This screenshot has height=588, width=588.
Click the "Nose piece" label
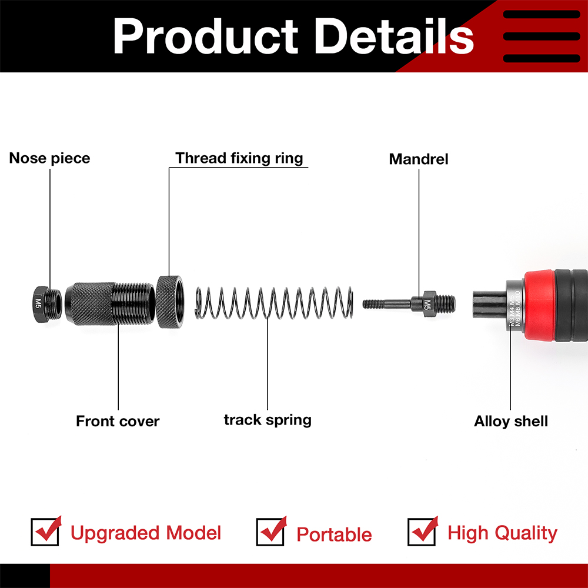[49, 158]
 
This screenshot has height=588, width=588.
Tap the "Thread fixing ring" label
[239, 158]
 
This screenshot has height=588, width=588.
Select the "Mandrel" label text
[419, 159]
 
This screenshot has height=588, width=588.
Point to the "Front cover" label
[118, 421]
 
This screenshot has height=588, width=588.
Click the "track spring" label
[268, 420]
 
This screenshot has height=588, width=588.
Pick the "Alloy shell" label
[511, 421]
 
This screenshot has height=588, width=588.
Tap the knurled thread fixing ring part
[170, 302]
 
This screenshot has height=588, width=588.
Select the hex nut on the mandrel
[427, 303]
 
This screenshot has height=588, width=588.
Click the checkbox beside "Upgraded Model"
[45, 532]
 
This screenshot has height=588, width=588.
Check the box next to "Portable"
[270, 532]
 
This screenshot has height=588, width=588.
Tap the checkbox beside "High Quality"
[422, 532]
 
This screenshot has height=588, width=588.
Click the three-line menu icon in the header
[542, 36]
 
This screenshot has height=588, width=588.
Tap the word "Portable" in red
[334, 534]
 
